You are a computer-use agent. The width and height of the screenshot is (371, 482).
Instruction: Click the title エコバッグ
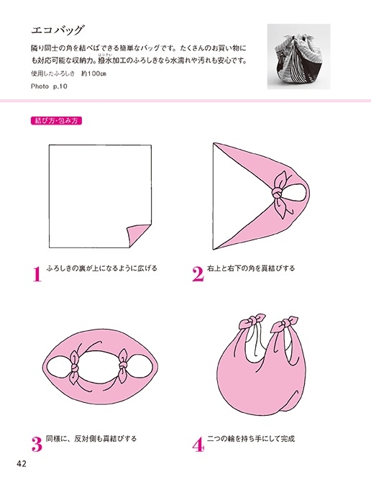pyautogui.click(x=58, y=31)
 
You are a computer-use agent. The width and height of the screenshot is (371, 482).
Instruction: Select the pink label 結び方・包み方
pyautogui.click(x=57, y=120)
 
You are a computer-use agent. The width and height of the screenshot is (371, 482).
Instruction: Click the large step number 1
pyautogui.click(x=37, y=274)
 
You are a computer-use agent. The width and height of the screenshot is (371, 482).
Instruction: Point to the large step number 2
pyautogui.click(x=198, y=274)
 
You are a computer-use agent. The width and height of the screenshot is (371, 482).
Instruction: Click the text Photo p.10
pyautogui.click(x=49, y=86)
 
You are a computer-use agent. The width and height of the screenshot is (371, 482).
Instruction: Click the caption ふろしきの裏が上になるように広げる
pyautogui.click(x=101, y=268)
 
